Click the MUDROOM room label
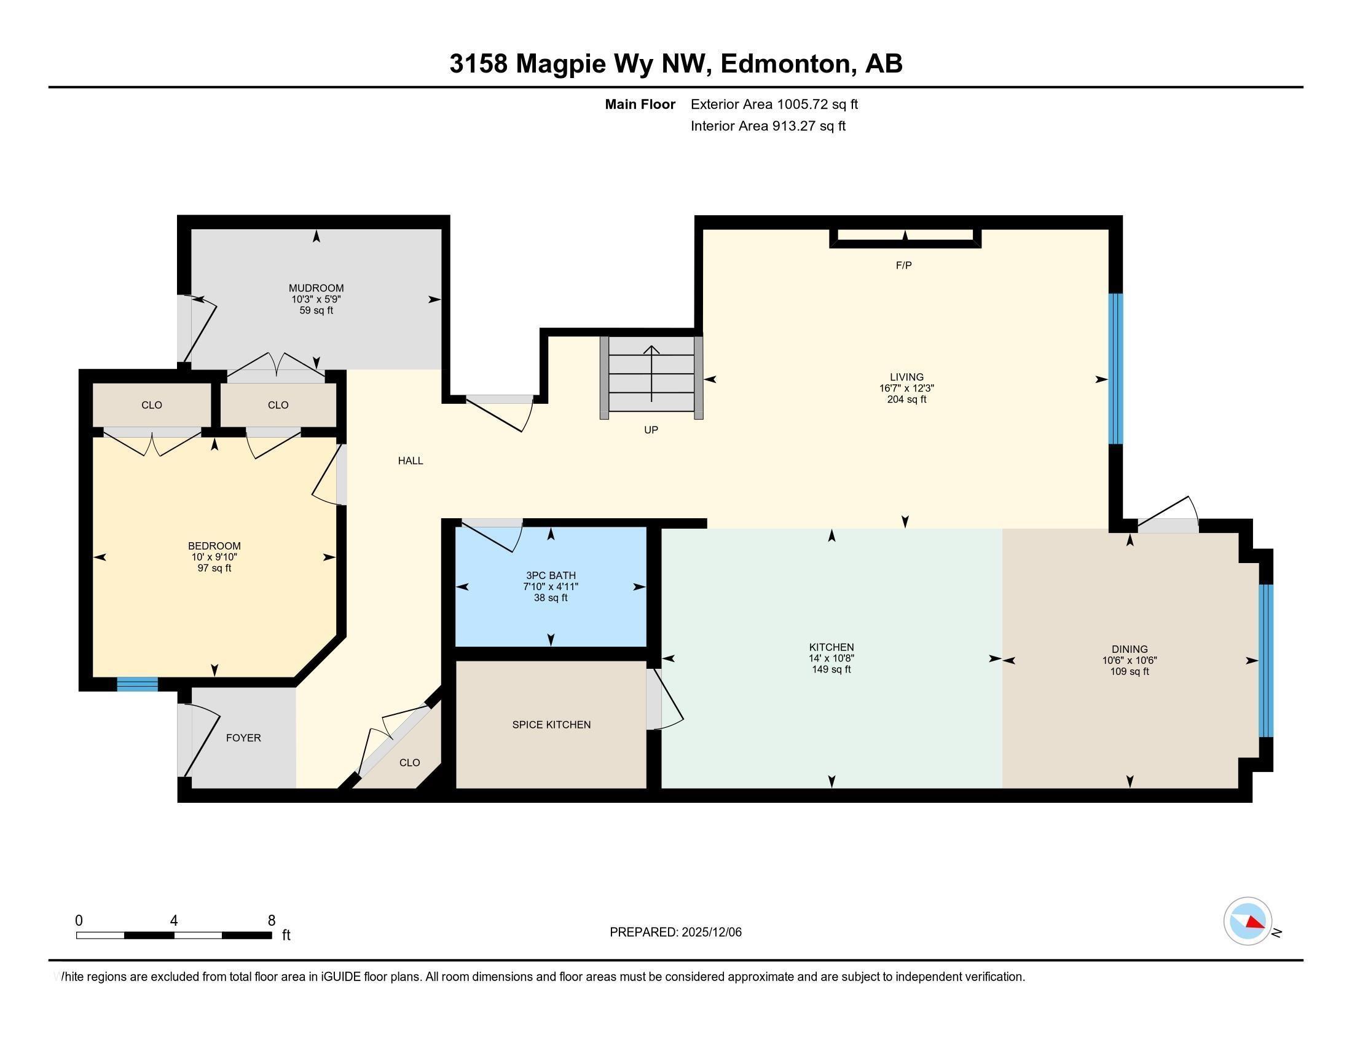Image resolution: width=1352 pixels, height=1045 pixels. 316,288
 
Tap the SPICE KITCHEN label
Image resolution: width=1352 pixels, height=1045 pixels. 551,724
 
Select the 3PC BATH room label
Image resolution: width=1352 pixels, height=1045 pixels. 551,576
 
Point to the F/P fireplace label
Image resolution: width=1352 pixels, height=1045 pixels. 904,266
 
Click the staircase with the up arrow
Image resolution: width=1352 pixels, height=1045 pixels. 651,377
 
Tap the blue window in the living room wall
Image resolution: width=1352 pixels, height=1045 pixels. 1115,368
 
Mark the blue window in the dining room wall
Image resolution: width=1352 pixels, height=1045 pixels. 1266,661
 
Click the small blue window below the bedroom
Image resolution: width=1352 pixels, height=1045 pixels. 138,684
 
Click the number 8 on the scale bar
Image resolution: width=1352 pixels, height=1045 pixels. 271,921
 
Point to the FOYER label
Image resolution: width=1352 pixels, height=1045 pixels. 243,738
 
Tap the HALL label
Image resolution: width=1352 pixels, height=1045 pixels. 411,460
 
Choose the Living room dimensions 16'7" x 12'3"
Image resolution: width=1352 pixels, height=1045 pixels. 906,388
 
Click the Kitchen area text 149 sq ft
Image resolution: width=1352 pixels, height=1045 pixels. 831,669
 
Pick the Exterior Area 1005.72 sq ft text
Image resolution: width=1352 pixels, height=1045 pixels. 774,104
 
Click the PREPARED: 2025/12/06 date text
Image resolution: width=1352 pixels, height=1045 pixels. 675,932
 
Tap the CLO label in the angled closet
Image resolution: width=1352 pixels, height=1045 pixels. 409,763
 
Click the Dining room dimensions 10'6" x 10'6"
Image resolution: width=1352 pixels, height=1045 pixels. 1130,661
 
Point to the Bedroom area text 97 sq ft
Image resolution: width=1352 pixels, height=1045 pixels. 214,568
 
